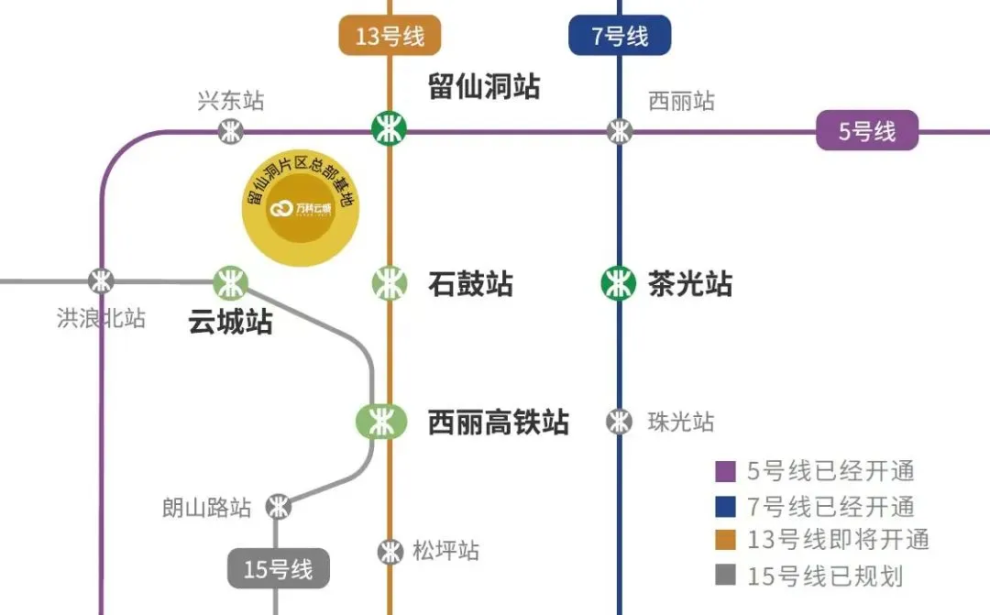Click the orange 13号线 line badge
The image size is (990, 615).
tap(390, 37)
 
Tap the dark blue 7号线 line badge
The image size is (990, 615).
tap(620, 37)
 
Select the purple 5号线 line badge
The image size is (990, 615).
tap(867, 131)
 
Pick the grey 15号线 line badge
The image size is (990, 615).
tap(278, 569)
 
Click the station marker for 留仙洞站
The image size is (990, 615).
tap(389, 127)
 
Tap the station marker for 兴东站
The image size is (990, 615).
tap(231, 131)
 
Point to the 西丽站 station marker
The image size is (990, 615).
tap(621, 131)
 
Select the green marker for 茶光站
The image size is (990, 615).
tap(619, 283)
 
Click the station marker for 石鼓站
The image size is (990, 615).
tap(389, 283)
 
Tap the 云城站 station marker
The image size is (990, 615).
tap(230, 282)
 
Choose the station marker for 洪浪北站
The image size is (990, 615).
tap(101, 280)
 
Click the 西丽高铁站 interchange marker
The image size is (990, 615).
tap(380, 422)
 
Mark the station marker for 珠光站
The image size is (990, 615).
tap(620, 422)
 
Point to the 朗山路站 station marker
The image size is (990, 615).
tap(278, 506)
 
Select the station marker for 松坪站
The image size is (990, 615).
tap(390, 551)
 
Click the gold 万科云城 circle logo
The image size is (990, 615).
tap(301, 209)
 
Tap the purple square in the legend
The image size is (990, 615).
tap(726, 472)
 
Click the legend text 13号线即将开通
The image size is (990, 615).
tap(838, 540)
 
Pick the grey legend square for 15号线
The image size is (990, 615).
tap(726, 576)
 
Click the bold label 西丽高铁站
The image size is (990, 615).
tap(499, 423)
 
